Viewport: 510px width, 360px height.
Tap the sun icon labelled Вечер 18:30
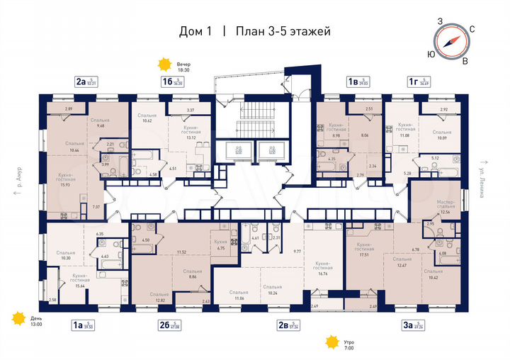pos(165,65)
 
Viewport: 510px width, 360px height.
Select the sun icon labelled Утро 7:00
pos(330,343)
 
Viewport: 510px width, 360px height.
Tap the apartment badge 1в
pos(351,82)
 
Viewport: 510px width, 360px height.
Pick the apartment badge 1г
pos(412,82)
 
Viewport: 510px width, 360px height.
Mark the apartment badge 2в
pos(283,327)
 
